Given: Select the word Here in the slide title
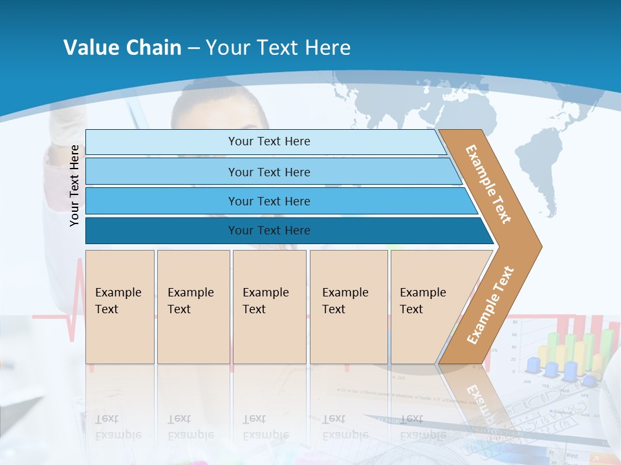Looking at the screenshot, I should (327, 48).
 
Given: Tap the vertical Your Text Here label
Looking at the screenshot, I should (74, 185).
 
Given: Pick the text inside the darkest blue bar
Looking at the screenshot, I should (269, 231).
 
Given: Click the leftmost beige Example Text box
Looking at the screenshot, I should (120, 307).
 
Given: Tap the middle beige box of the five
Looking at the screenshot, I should (269, 307).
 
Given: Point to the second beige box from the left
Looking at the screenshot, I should (193, 307).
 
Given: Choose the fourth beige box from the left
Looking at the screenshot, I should (349, 307).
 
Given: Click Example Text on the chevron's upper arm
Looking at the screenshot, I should (488, 184).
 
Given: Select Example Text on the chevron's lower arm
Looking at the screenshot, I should (490, 305).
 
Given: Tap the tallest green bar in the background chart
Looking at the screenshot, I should (607, 349).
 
